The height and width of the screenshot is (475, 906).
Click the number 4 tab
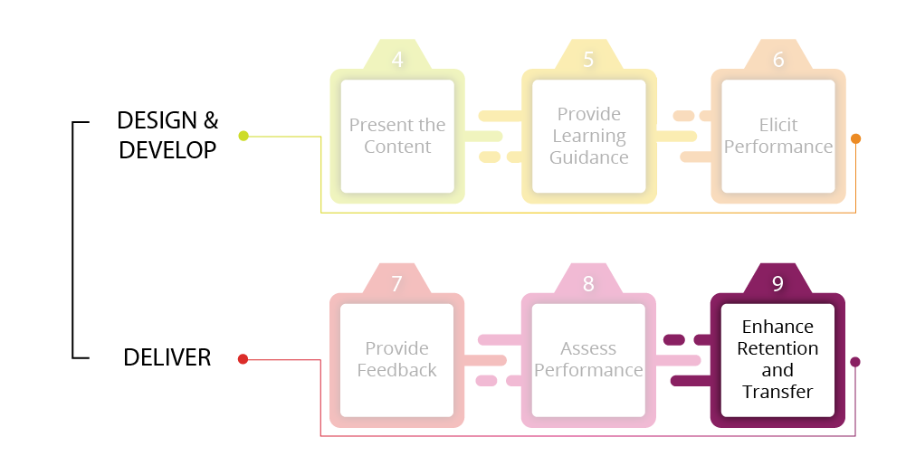(397, 60)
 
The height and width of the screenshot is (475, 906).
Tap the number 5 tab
(588, 60)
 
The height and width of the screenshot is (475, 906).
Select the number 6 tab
(778, 60)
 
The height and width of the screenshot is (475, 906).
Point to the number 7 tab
(396, 283)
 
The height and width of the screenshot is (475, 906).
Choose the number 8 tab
(588, 283)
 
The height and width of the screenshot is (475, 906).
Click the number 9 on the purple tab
(777, 283)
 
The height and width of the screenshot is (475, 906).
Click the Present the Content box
(397, 136)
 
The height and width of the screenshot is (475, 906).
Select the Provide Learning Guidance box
(589, 136)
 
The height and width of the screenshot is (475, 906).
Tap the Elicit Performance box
(778, 136)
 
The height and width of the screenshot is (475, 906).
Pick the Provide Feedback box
(396, 359)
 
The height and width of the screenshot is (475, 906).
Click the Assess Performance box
(588, 359)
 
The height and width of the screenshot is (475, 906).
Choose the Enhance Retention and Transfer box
(777, 359)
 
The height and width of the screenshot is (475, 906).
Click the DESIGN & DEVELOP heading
(167, 135)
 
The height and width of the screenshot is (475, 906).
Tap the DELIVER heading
(167, 357)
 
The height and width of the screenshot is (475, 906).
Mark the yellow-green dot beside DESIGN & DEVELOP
(243, 136)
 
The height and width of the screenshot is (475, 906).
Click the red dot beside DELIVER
(243, 359)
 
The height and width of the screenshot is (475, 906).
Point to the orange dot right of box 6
(855, 138)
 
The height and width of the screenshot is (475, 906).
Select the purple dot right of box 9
(855, 362)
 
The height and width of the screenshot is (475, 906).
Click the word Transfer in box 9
(777, 392)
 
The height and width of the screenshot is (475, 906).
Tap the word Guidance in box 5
(589, 157)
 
